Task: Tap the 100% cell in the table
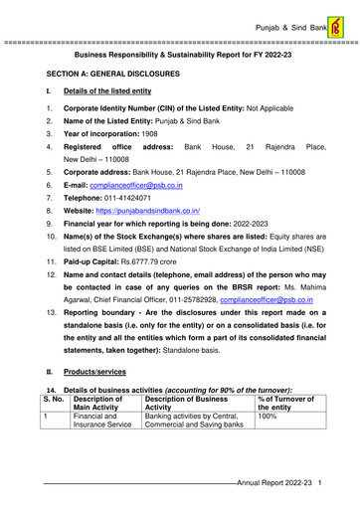coord(268,447)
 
